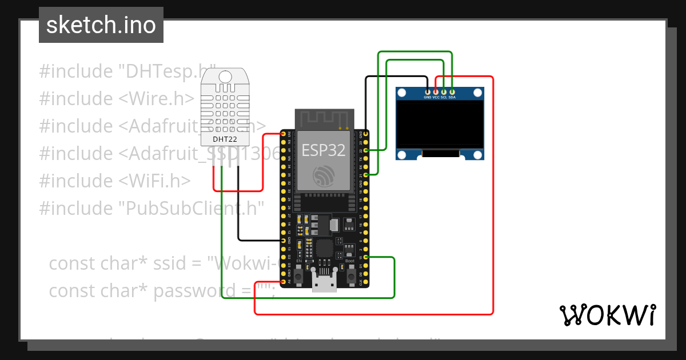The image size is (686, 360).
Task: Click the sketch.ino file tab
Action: click(x=101, y=25)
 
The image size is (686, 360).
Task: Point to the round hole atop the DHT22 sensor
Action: click(x=225, y=76)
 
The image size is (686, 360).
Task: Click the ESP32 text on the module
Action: click(x=324, y=150)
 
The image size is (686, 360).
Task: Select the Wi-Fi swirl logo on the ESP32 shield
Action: click(x=324, y=175)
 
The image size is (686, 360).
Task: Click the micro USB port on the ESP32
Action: click(x=324, y=283)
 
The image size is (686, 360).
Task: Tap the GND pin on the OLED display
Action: click(x=428, y=91)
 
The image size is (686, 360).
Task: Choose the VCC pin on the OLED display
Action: click(x=436, y=91)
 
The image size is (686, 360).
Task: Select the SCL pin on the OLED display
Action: click(x=444, y=91)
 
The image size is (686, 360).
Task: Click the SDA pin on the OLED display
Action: click(x=452, y=91)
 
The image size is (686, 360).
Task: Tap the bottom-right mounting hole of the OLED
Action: click(x=477, y=154)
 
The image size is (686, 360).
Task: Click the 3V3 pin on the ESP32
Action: click(x=284, y=134)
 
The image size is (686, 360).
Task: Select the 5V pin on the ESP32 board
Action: click(x=284, y=282)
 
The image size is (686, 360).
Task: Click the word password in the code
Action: click(x=191, y=290)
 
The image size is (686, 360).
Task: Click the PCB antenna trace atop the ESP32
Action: click(x=324, y=119)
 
